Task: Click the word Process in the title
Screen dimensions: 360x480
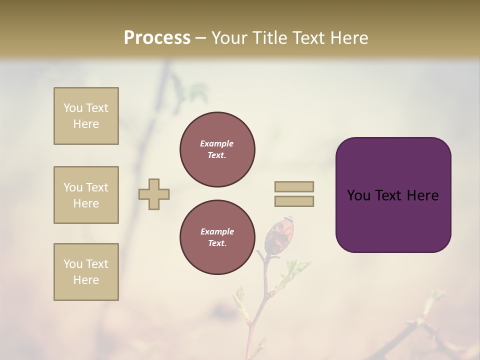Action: click(x=157, y=38)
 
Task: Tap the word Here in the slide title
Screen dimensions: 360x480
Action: click(x=348, y=38)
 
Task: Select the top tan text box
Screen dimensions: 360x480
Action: click(x=86, y=116)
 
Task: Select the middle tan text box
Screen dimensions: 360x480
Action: click(x=86, y=195)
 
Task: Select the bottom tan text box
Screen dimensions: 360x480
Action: click(x=86, y=272)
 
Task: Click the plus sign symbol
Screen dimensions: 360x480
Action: click(x=154, y=194)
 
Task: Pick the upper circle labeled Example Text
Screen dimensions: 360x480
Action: click(x=217, y=149)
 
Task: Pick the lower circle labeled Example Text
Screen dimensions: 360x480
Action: click(x=217, y=237)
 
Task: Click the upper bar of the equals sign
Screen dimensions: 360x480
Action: click(x=294, y=186)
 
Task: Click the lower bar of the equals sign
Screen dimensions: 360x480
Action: click(x=294, y=201)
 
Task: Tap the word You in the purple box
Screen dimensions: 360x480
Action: click(x=358, y=195)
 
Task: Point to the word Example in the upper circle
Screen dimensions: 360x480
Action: click(x=216, y=143)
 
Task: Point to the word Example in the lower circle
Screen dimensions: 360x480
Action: click(x=217, y=231)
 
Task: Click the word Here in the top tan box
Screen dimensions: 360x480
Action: click(x=86, y=124)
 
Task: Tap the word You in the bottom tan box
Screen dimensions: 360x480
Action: click(x=73, y=264)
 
